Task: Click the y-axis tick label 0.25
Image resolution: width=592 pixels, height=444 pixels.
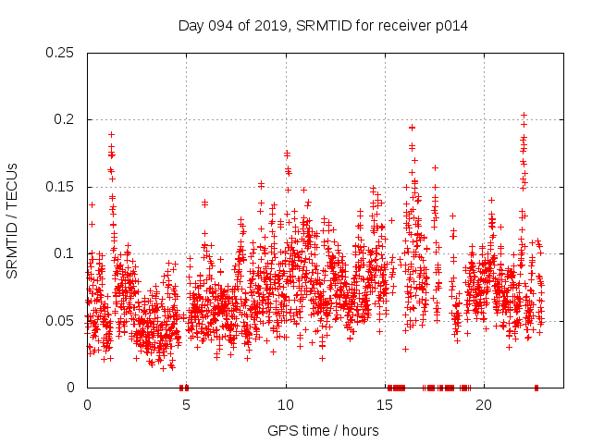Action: pos(62,53)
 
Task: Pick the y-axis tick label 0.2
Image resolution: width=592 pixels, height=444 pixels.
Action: pos(66,120)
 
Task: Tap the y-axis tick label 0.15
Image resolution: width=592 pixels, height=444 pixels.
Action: pos(62,187)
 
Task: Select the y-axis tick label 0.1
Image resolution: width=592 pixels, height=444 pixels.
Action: pos(66,253)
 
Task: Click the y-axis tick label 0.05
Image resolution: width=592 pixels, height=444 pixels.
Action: pos(62,321)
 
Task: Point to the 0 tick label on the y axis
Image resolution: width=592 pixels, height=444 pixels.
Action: pos(73,388)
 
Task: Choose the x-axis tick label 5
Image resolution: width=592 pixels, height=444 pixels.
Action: pos(187,405)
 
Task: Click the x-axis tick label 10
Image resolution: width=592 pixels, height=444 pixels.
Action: pos(286,405)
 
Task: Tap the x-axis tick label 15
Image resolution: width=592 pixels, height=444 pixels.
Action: pos(385,405)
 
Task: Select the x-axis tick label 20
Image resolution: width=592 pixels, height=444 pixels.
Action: pos(484,405)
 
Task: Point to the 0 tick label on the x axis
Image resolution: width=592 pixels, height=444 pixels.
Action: pos(88,405)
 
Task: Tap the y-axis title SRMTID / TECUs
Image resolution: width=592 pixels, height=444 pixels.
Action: pos(13,220)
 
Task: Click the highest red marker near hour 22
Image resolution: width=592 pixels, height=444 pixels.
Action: pos(524,116)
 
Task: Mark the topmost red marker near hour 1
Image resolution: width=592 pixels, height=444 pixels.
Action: pos(111,134)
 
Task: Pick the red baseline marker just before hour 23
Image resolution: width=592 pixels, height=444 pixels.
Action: pos(536,388)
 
